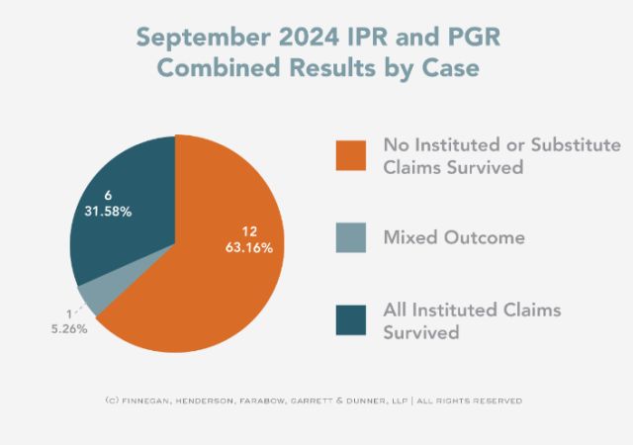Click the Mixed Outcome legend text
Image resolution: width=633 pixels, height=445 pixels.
tap(453, 238)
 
